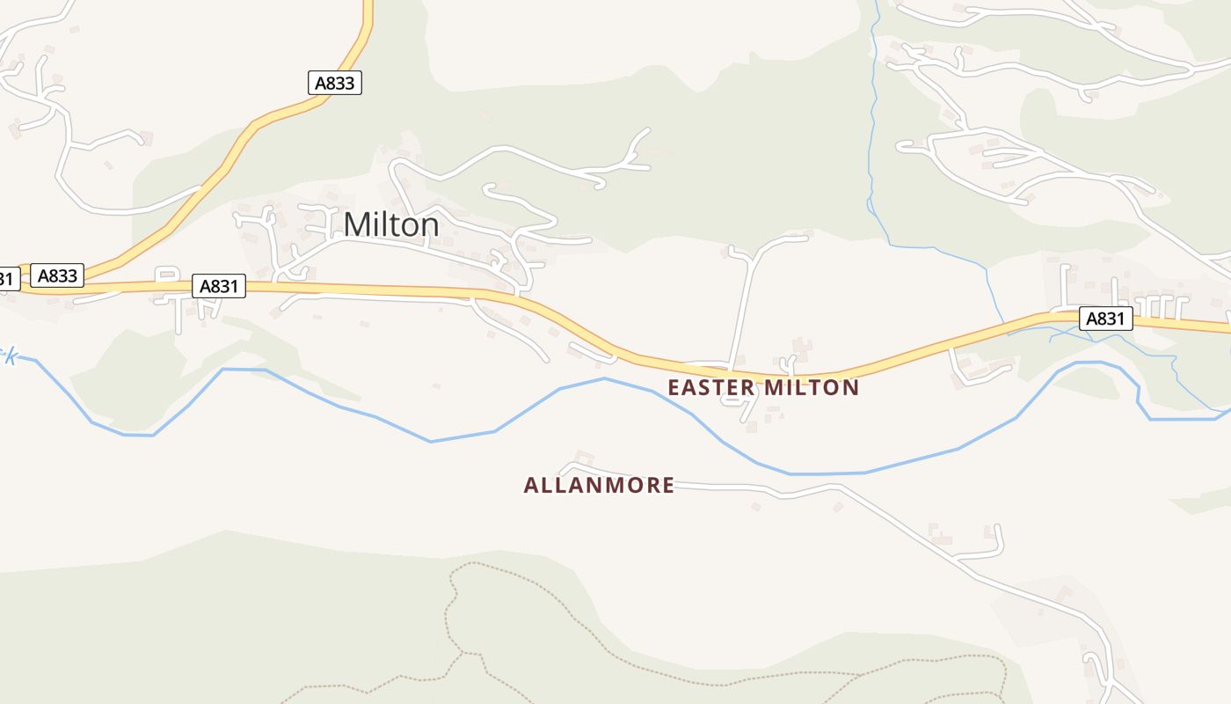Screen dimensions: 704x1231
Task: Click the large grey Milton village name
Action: tap(391, 225)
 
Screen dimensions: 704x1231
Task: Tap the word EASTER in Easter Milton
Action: tap(711, 387)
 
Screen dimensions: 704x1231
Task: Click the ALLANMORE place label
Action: tap(599, 485)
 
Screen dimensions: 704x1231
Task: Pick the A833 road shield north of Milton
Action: tap(335, 83)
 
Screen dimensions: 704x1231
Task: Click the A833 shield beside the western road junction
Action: tap(58, 275)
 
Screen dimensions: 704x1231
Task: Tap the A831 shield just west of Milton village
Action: tap(218, 286)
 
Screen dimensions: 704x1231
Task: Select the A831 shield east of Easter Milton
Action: tap(1105, 319)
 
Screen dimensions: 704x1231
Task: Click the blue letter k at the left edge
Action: tap(10, 356)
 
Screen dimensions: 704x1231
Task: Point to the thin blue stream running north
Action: tap(871, 132)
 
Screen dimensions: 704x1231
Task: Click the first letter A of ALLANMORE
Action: tap(531, 485)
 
